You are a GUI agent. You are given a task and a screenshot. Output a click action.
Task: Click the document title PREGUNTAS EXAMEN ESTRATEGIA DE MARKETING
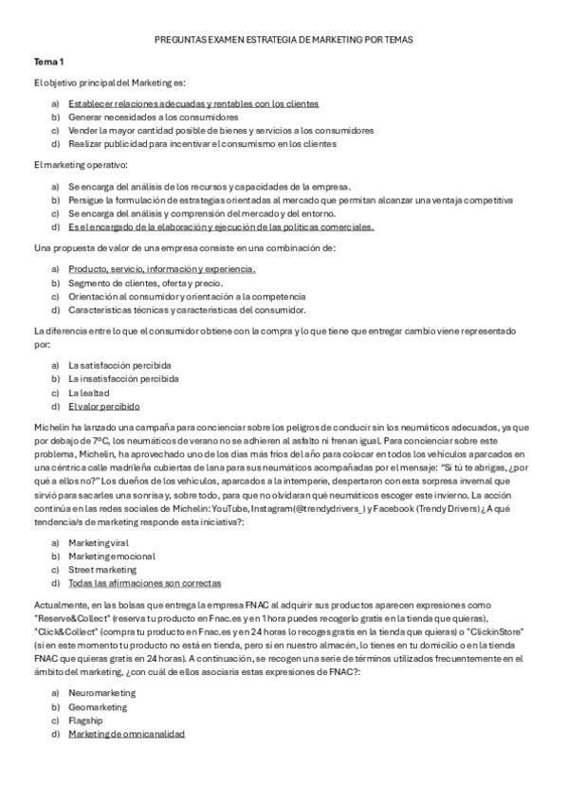[x=284, y=40]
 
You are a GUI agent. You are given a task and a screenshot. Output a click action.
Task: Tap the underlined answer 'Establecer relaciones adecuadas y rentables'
[x=192, y=102]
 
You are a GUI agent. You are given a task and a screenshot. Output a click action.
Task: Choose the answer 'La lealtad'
[x=89, y=392]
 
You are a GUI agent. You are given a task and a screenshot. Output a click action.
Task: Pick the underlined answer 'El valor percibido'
[x=104, y=406]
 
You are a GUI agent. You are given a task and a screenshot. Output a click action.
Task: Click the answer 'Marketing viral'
[x=100, y=542]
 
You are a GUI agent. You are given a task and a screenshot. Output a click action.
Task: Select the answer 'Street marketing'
[x=102, y=570]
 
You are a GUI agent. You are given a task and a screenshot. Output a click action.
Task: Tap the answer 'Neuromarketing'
[x=101, y=693]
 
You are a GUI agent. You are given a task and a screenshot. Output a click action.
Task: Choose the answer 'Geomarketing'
[x=97, y=706]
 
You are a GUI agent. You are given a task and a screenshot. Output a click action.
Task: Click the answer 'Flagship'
[x=85, y=721]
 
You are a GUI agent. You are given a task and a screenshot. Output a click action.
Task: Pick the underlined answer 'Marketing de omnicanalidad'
[x=126, y=734]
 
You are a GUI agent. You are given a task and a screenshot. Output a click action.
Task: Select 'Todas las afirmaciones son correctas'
[x=144, y=584]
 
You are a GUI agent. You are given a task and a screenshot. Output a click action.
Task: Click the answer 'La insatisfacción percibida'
[x=123, y=378]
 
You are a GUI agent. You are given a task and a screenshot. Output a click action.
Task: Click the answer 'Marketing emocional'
[x=112, y=557]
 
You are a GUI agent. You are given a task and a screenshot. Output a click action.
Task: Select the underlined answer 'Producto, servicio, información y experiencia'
[x=156, y=269]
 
